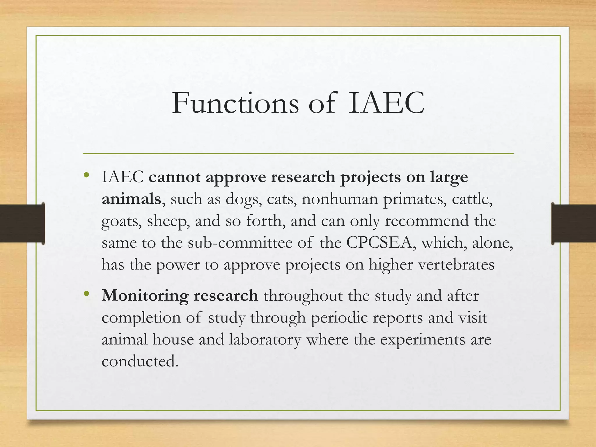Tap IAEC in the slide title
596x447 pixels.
coord(386,103)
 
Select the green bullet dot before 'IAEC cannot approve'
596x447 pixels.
coord(86,175)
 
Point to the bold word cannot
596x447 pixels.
coord(174,177)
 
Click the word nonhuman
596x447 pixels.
coord(340,199)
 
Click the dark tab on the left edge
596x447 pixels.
coord(22,223)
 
